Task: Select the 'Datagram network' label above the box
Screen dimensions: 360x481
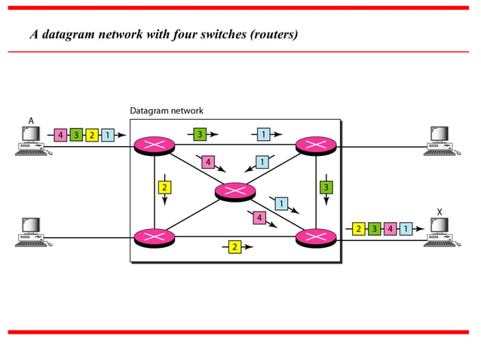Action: pos(166,111)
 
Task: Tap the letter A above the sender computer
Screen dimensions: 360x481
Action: pos(31,121)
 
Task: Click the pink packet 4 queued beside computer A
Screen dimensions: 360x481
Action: pos(60,136)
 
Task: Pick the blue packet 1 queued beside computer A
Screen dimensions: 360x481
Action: pos(108,136)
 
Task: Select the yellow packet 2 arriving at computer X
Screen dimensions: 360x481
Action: pos(359,228)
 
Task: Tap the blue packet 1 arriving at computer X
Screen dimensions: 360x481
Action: pos(406,228)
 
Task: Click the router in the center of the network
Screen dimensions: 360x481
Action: pos(235,191)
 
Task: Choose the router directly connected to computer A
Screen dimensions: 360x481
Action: pos(154,145)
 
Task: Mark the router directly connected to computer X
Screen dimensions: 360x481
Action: pos(316,237)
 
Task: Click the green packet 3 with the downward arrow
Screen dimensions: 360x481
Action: pos(326,187)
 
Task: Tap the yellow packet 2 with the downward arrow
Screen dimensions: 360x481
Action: pos(164,187)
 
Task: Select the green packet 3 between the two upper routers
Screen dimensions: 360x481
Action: pos(199,134)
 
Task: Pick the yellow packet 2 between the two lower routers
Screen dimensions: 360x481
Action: pos(235,247)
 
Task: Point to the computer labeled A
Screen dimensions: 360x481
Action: pos(31,141)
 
